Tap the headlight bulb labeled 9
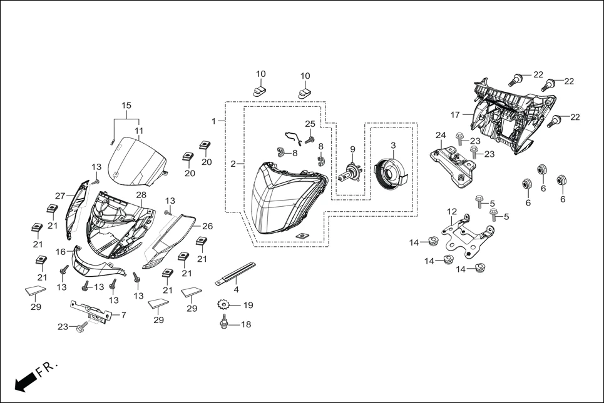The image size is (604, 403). (x=350, y=172)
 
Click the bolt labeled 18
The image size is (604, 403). (x=224, y=325)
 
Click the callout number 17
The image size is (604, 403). (x=455, y=115)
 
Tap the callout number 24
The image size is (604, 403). (x=441, y=136)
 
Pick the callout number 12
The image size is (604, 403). (x=452, y=212)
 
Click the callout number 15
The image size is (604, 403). (x=126, y=106)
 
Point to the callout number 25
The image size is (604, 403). (x=310, y=124)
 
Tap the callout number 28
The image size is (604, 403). (x=141, y=195)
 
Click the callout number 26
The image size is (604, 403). (x=207, y=226)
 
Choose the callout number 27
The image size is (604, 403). (x=60, y=195)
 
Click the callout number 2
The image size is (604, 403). (x=233, y=164)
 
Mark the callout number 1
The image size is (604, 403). (x=214, y=121)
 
